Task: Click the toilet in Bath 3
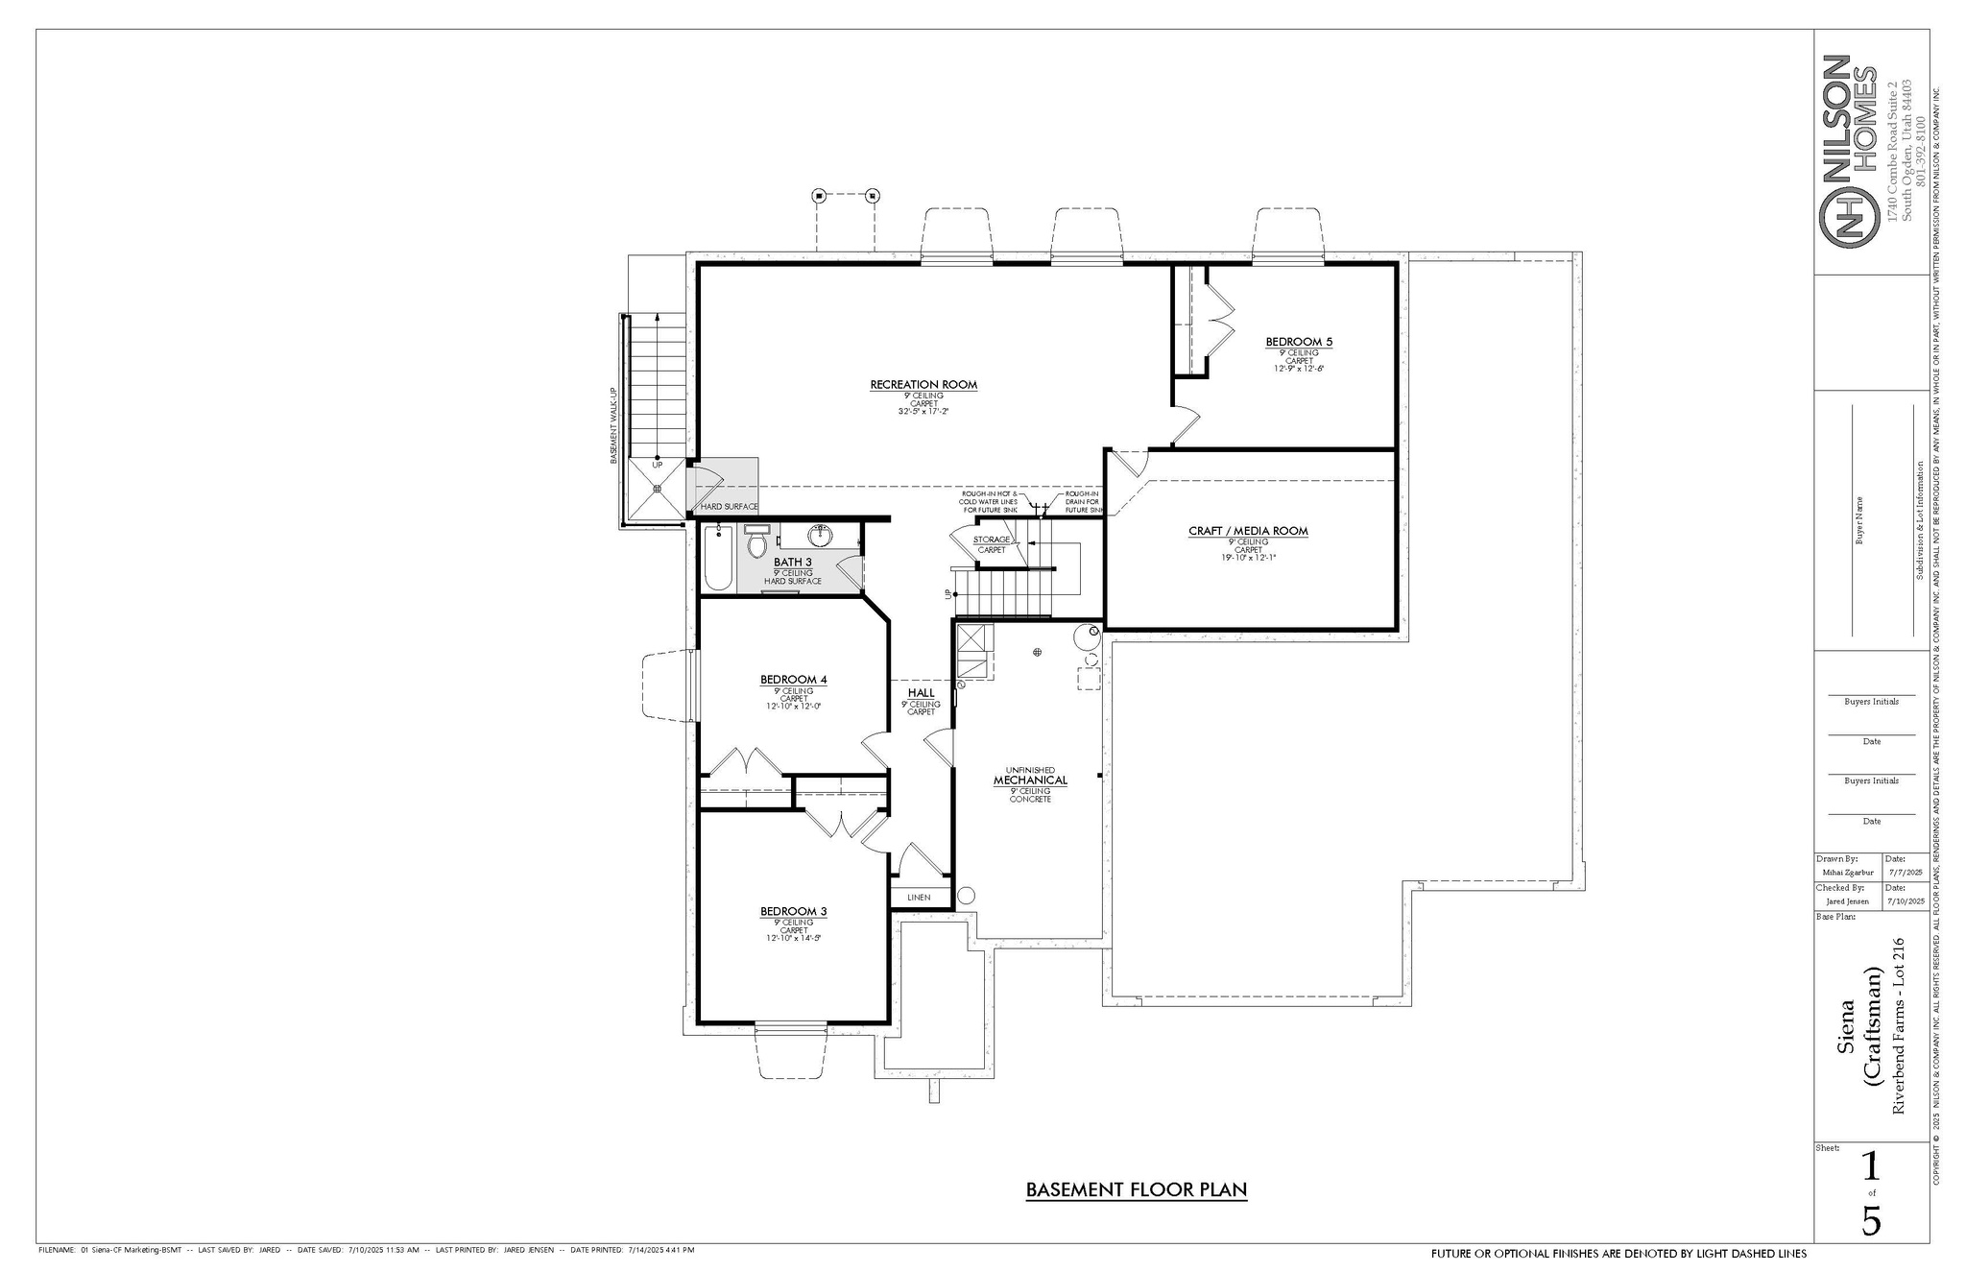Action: pos(756,546)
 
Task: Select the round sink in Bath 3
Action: pos(822,533)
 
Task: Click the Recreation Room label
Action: pos(923,385)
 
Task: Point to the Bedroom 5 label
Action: pos(1299,342)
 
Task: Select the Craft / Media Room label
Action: pos(1248,531)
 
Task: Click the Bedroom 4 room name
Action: pos(793,680)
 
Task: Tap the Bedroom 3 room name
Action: pos(793,911)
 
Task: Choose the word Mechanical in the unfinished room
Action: pos(1030,780)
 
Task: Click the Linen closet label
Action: pos(919,898)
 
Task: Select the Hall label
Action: pos(921,693)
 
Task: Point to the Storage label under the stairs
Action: pos(992,540)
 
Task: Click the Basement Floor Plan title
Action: pos(1136,1190)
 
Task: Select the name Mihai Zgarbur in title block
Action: pos(1846,873)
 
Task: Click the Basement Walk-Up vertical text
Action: pos(613,426)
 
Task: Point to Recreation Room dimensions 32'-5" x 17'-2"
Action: pos(923,412)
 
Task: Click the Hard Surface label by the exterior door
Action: pos(729,507)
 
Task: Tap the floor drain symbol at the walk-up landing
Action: pos(658,489)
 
